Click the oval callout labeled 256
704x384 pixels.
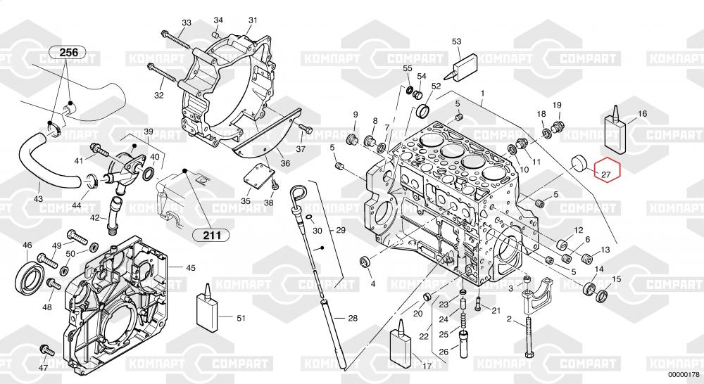[x=68, y=52]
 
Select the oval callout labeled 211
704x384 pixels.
[x=208, y=235]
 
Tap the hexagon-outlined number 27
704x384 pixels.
[x=605, y=170]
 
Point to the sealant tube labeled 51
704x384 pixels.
[x=206, y=311]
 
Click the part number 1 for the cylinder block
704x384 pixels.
[x=483, y=93]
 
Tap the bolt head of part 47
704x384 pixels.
[x=46, y=349]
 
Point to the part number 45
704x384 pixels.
[x=191, y=267]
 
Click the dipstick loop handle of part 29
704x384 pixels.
[x=297, y=192]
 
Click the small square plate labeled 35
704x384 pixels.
[x=258, y=176]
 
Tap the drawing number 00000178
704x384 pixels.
[x=683, y=374]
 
